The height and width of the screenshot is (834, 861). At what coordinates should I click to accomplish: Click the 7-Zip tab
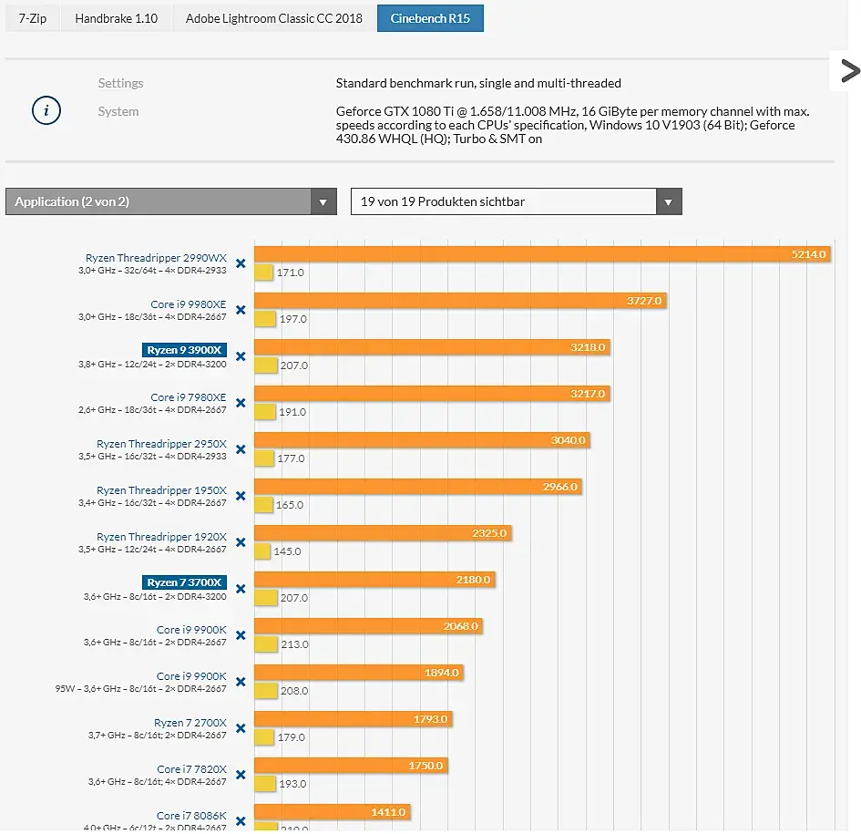coord(33,18)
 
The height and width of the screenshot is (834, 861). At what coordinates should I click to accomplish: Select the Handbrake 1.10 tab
coord(116,18)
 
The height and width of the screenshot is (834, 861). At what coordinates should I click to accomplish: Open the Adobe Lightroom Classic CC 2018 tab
coord(273,18)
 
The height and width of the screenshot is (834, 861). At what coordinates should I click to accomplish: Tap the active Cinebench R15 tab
coord(430,18)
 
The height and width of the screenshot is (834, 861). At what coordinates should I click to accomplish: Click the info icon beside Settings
coord(46,111)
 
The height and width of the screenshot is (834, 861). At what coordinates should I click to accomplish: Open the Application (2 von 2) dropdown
coord(170,201)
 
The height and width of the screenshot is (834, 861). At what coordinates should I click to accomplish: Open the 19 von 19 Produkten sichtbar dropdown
coord(516,201)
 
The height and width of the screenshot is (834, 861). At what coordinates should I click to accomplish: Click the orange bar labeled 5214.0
coord(543,254)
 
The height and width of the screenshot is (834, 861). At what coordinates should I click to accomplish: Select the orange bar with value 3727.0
coord(460,301)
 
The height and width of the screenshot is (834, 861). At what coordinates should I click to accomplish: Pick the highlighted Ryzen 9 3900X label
coord(186,350)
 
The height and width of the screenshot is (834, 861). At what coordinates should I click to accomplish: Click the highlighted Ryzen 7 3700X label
coord(186,582)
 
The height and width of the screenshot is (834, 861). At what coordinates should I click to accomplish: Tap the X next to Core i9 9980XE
coord(241,310)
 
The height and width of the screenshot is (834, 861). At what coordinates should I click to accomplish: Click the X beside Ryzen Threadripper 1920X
coord(241,542)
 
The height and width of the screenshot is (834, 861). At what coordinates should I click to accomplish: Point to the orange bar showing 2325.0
coord(383,533)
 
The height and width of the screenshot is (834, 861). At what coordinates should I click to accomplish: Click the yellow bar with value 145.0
coord(262,551)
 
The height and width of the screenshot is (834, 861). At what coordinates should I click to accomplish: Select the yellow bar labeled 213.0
coord(265,644)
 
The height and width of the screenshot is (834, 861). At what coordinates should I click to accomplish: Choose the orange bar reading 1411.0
coord(332,812)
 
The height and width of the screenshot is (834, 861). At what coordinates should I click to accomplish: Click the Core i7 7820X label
coord(191,769)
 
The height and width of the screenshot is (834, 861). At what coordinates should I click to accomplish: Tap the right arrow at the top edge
coord(849,71)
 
